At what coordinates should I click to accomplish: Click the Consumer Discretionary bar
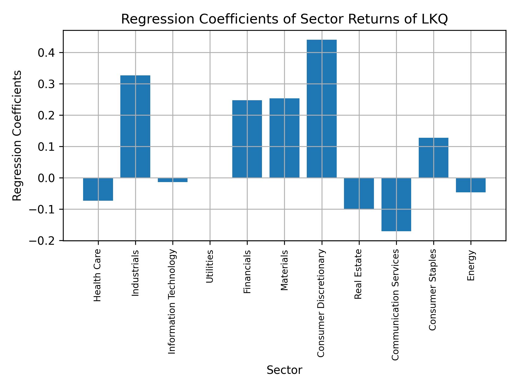[322, 109]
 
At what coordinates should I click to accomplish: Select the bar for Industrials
[135, 126]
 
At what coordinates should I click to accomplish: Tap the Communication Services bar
[396, 204]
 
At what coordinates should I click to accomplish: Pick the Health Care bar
[98, 189]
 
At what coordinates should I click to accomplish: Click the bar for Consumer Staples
[433, 158]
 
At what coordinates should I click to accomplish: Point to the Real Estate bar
[359, 193]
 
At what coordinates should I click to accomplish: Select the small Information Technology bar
[173, 180]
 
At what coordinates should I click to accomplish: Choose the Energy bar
[471, 185]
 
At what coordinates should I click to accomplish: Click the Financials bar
[247, 139]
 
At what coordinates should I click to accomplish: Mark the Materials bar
[284, 138]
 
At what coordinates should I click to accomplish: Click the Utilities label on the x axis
[210, 266]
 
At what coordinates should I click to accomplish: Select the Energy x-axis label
[471, 266]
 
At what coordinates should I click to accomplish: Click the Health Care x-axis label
[97, 275]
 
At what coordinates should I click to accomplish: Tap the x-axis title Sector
[284, 370]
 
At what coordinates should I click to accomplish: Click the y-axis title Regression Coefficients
[17, 136]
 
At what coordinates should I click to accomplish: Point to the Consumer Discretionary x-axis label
[321, 303]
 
